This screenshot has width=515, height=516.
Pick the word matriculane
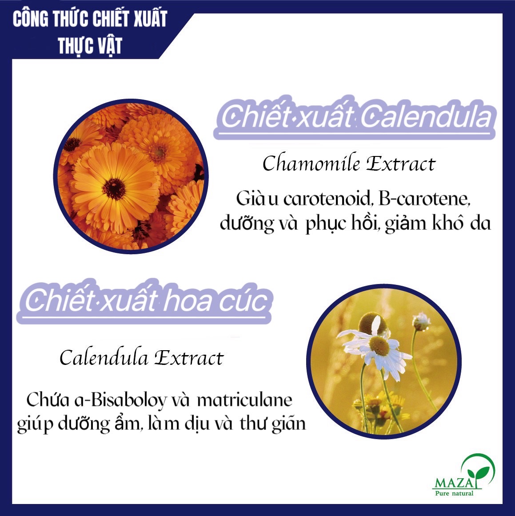click(x=244, y=400)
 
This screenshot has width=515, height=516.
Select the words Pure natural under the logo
click(x=454, y=493)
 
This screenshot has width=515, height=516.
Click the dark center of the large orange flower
click(x=114, y=189)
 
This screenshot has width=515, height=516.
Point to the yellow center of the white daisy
click(x=379, y=345)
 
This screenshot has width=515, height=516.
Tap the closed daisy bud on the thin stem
click(x=421, y=321)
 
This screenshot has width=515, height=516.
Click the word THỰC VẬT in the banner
click(x=90, y=46)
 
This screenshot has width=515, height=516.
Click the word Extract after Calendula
click(x=189, y=358)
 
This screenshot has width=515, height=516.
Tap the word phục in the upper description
click(x=325, y=224)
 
